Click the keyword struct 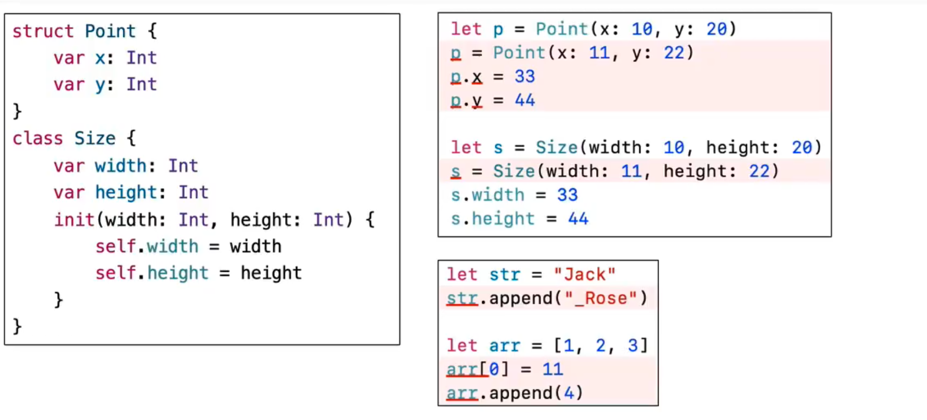coord(43,31)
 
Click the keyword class coord(37,139)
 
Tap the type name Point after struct coord(110,31)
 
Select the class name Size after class coord(95,139)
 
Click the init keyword coord(74,220)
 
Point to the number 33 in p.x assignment coord(524,77)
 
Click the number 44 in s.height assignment coord(578,219)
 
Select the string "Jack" coord(584,274)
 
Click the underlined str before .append coord(462,298)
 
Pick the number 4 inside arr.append coord(569,393)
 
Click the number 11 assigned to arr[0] coord(552,370)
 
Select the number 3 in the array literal coord(633,346)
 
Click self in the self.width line coord(115,246)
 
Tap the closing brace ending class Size coord(17,326)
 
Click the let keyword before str coord(462,274)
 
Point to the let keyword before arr coord(462,346)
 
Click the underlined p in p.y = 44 coord(456,100)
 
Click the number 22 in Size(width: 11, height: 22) coord(759,171)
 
